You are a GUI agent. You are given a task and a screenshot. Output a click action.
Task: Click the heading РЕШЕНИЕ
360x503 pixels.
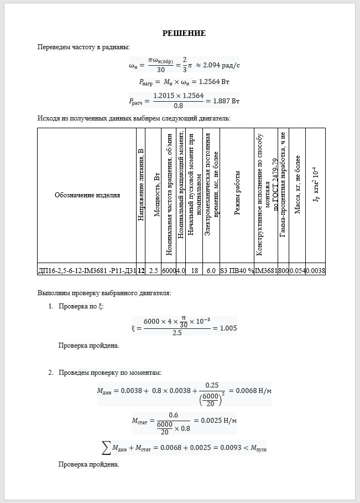click(184, 34)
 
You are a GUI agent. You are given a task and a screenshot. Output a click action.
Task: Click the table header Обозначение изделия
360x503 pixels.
click(87, 195)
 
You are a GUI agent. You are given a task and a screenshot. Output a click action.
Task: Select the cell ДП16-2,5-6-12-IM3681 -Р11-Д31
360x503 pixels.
click(87, 271)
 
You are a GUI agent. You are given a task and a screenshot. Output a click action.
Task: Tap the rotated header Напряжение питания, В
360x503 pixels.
click(141, 185)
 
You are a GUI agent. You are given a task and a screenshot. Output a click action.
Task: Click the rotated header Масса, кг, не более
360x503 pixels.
click(298, 185)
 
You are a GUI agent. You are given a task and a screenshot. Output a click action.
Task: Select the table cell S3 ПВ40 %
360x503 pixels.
click(237, 271)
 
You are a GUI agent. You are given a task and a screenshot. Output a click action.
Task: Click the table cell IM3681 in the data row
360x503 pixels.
click(266, 271)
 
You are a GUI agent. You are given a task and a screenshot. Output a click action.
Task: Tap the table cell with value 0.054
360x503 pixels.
click(298, 271)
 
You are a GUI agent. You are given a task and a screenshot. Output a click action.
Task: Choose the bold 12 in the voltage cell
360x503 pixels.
click(141, 271)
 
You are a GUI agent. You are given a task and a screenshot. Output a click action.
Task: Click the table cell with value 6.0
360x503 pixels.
click(211, 271)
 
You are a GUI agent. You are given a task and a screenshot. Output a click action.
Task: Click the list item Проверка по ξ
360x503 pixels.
click(81, 306)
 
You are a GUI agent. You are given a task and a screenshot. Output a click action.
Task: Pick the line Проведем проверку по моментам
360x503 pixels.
click(110, 373)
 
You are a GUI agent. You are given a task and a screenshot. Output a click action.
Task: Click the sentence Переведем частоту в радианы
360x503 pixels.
click(84, 47)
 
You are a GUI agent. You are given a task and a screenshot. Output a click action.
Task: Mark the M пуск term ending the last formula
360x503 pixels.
click(258, 448)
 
